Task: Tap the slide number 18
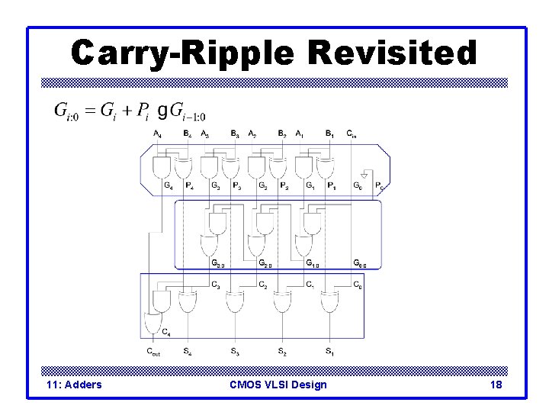pyautogui.click(x=496, y=385)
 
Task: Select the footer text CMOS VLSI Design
pyautogui.click(x=278, y=385)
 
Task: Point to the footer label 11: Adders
pyautogui.click(x=74, y=385)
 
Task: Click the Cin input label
pyautogui.click(x=352, y=134)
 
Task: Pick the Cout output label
pyautogui.click(x=154, y=352)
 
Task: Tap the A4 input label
pyautogui.click(x=157, y=134)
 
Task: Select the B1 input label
pyautogui.click(x=329, y=134)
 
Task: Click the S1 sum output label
pyautogui.click(x=329, y=352)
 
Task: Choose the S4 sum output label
pyautogui.click(x=187, y=352)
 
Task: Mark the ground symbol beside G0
pyautogui.click(x=364, y=175)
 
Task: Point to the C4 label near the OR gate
pyautogui.click(x=165, y=332)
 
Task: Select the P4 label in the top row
pyautogui.click(x=188, y=185)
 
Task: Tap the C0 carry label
pyautogui.click(x=358, y=286)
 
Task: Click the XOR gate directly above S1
pyautogui.click(x=329, y=303)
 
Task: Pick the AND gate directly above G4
pyautogui.click(x=163, y=166)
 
